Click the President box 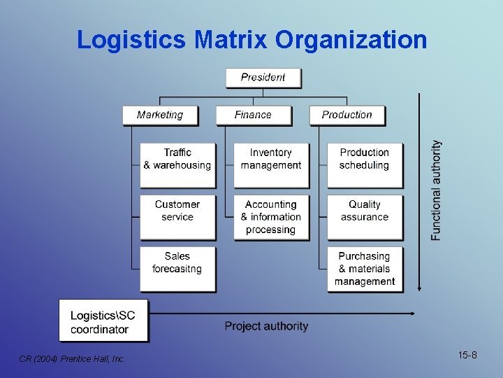(263, 77)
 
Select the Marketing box (160, 115)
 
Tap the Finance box (253, 115)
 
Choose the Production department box (347, 115)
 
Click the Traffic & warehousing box (177, 165)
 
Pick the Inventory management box (271, 165)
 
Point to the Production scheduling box (365, 165)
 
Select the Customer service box (177, 217)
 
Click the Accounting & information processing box (271, 217)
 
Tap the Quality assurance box (365, 217)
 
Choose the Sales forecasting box (177, 269)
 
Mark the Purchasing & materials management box (365, 269)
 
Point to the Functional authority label (437, 190)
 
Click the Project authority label (266, 326)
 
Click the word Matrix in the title (231, 39)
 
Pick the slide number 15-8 (468, 356)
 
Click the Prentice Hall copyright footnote (72, 359)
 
